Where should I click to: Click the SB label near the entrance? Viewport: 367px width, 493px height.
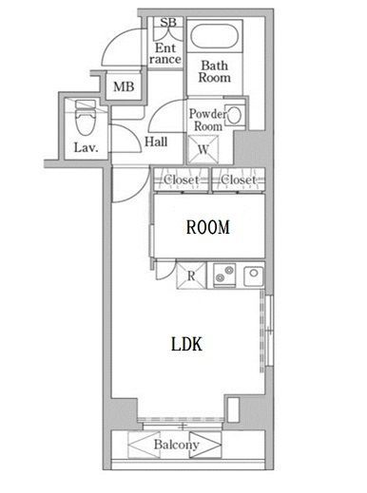(x=167, y=23)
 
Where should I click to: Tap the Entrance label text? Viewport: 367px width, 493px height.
(x=165, y=52)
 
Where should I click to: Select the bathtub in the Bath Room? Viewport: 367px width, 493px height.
(x=215, y=39)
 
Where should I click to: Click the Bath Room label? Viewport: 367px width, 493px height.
(x=215, y=72)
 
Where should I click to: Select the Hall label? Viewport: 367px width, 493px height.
(x=157, y=143)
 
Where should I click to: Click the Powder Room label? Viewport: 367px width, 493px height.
(x=207, y=120)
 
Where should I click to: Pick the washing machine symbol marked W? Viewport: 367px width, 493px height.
(x=203, y=149)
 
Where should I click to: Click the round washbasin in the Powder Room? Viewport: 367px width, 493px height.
(x=236, y=115)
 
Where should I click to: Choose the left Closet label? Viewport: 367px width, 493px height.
(x=182, y=180)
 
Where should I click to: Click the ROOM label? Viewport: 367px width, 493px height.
(x=207, y=228)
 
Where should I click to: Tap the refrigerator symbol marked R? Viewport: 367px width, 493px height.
(x=190, y=276)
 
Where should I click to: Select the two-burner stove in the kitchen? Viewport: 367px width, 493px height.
(x=225, y=275)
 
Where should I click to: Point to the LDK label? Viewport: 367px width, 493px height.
(x=186, y=344)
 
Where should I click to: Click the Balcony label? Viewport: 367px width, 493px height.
(x=176, y=445)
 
